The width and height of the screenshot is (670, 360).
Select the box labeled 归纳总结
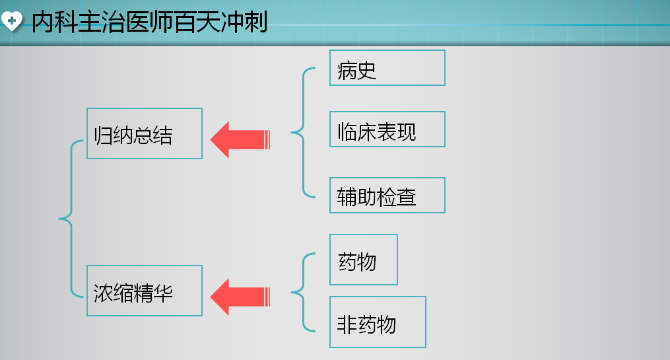[144, 134]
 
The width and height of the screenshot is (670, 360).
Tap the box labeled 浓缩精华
[144, 292]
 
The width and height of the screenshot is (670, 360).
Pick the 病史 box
[386, 68]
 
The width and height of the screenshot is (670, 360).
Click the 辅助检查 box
[386, 196]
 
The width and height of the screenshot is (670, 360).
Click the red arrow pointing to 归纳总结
[240, 138]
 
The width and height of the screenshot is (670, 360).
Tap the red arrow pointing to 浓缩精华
[240, 295]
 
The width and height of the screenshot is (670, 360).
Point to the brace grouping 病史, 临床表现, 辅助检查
[301, 131]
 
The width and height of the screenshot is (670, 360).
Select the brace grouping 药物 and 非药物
[301, 292]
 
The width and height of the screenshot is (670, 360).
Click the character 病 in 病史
[349, 70]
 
